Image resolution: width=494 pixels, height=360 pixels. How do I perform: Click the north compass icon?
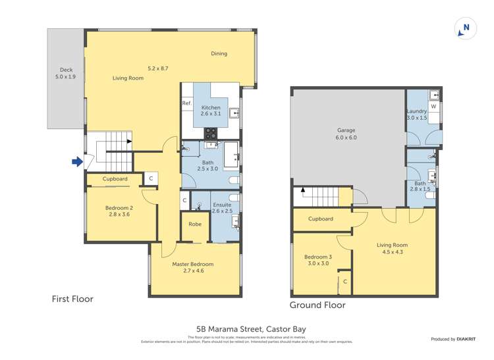tap(466, 28)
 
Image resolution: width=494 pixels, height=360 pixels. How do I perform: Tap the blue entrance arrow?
tap(77, 161)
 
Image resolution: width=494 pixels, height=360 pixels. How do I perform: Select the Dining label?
tap(219, 54)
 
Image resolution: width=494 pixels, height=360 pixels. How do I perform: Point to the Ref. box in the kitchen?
tap(186, 104)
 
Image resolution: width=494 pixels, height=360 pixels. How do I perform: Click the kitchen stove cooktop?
tap(211, 132)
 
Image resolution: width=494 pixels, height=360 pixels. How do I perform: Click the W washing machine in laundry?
tap(433, 107)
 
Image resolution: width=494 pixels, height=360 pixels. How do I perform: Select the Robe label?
tap(195, 224)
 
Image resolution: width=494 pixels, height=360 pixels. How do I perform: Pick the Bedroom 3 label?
tap(317, 260)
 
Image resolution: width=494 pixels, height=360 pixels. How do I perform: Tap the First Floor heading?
tap(72, 299)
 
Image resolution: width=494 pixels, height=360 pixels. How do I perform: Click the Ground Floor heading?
tap(317, 305)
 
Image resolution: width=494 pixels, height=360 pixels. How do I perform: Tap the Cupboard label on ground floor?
tap(320, 219)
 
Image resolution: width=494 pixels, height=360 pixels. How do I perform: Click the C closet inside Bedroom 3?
tap(344, 282)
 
